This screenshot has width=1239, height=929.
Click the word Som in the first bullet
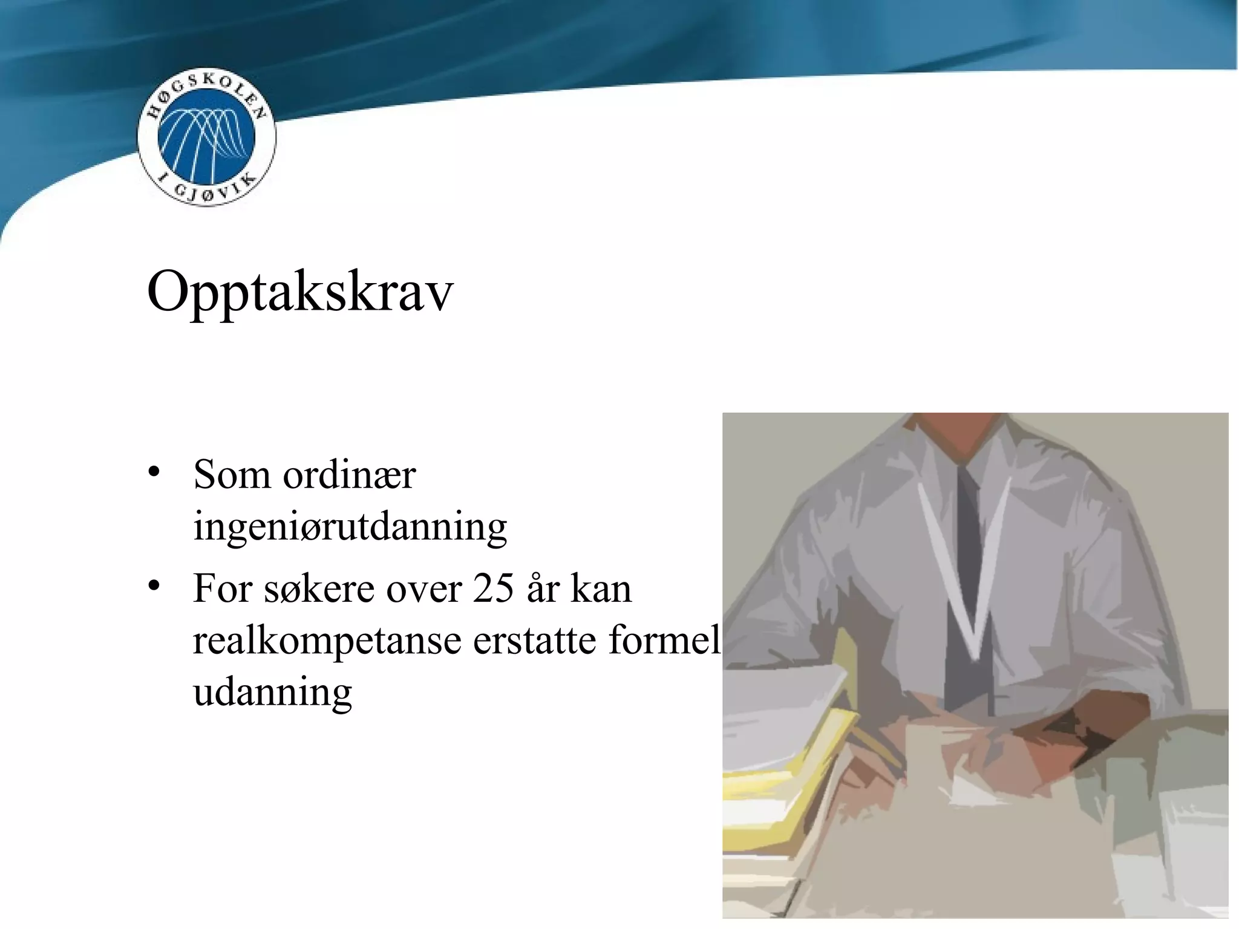232,475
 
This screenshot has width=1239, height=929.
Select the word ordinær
349,475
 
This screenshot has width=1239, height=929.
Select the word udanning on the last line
272,693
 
